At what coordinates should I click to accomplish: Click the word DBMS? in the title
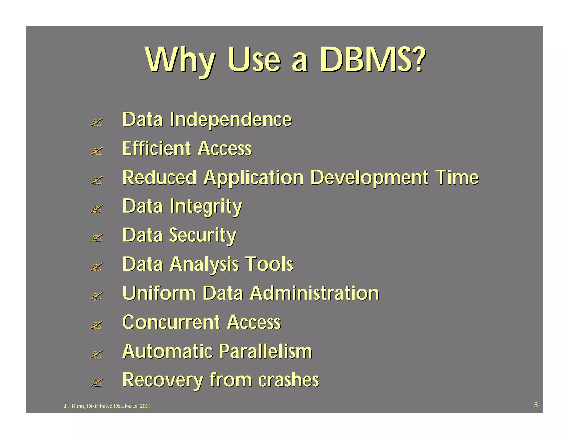point(372,59)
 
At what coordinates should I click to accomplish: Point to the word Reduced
point(159,178)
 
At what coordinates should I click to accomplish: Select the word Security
point(203,236)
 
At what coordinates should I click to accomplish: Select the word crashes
point(289,380)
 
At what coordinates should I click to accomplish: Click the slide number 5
point(536,405)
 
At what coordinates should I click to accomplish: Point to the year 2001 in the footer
point(145,406)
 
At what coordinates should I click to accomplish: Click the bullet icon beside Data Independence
point(96,122)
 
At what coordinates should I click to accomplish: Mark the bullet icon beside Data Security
point(96,238)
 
